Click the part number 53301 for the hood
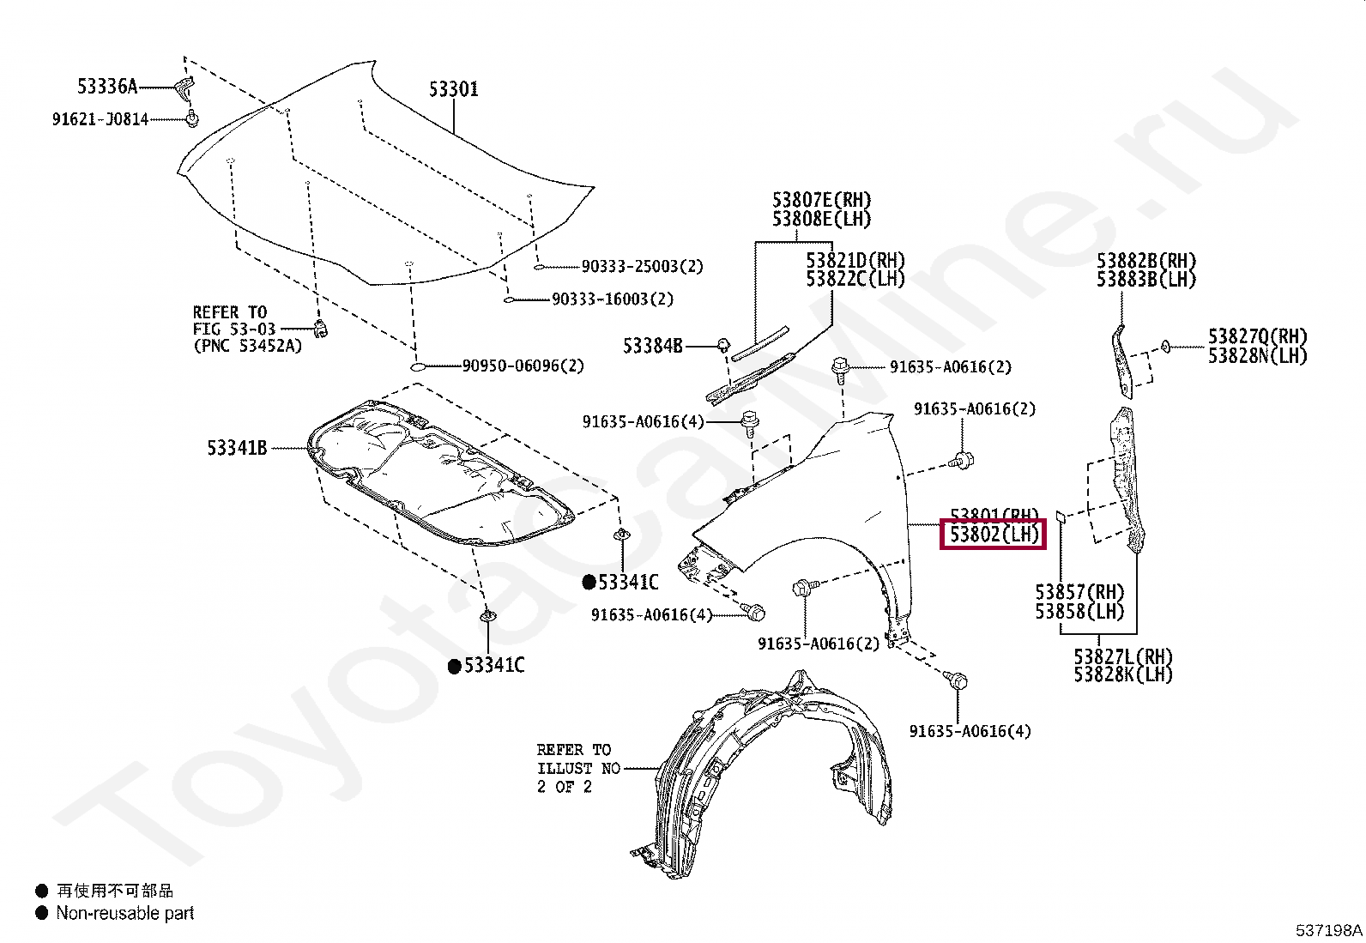coord(453,89)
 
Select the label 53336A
coord(107,86)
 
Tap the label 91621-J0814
coord(100,119)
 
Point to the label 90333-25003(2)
coord(642,267)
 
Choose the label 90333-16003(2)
coord(613,299)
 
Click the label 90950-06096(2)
coord(523,366)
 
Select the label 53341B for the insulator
coord(237,447)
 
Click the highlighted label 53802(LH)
coord(994,535)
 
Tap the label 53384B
coord(653,346)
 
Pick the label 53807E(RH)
coord(821,201)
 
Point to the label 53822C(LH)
coord(855,279)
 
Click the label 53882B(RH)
coord(1145,261)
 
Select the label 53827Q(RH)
coord(1258,336)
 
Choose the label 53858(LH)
coord(1079,611)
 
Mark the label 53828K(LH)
coord(1123,674)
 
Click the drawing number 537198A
coord(1328,929)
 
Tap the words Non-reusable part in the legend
coord(125,913)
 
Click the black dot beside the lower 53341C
coord(454,667)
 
